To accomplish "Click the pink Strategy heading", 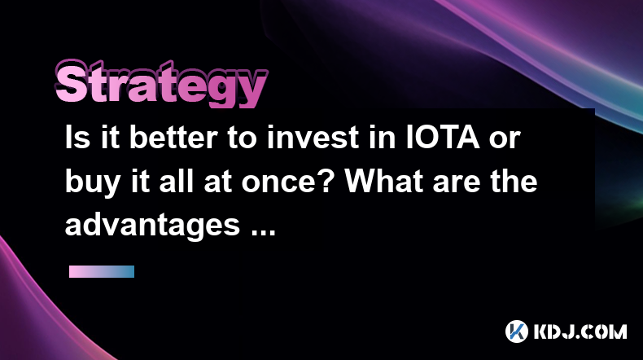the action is (x=161, y=85).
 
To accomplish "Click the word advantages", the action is (x=152, y=226).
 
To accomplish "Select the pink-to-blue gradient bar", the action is (x=102, y=272).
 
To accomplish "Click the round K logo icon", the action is (x=517, y=331).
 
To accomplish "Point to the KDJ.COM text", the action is (x=580, y=331).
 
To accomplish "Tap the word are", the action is (x=456, y=184).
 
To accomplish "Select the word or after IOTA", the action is (x=505, y=140).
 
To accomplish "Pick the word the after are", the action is (x=514, y=181).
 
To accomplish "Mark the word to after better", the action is (x=243, y=138).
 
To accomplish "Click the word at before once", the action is (x=218, y=182).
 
